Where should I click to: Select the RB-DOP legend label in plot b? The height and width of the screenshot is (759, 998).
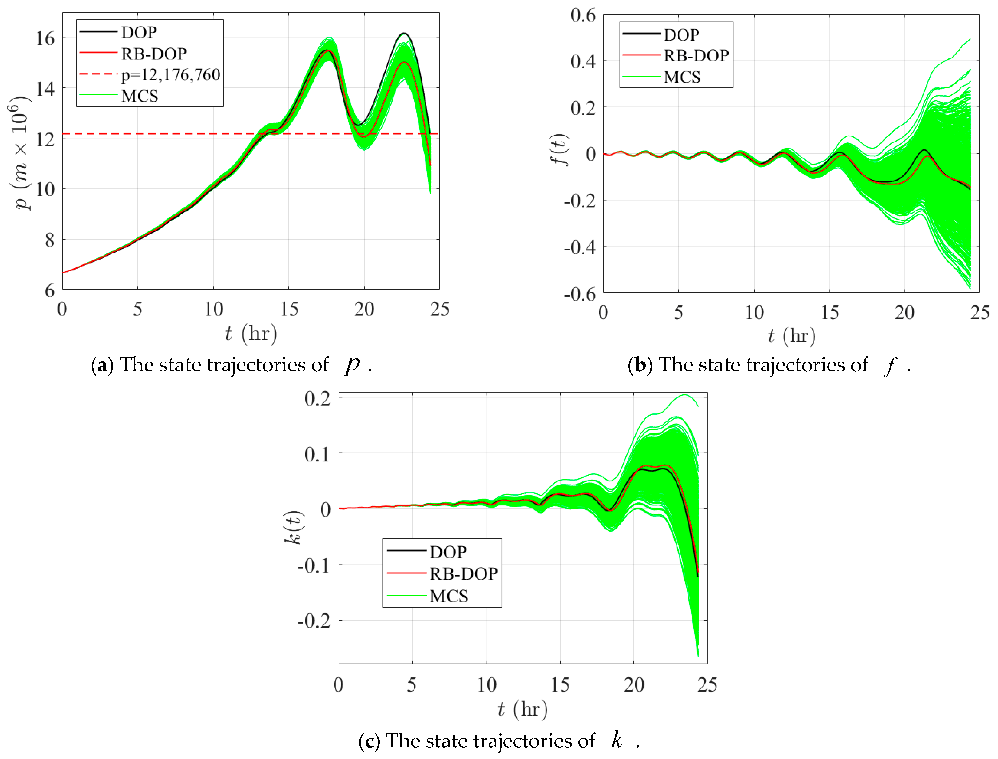696,56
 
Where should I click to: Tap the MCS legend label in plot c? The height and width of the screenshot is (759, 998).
449,596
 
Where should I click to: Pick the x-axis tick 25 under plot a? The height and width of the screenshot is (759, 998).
439,310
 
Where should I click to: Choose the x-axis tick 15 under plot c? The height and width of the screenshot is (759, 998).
560,685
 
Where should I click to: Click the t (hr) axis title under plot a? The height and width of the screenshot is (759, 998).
251,334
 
